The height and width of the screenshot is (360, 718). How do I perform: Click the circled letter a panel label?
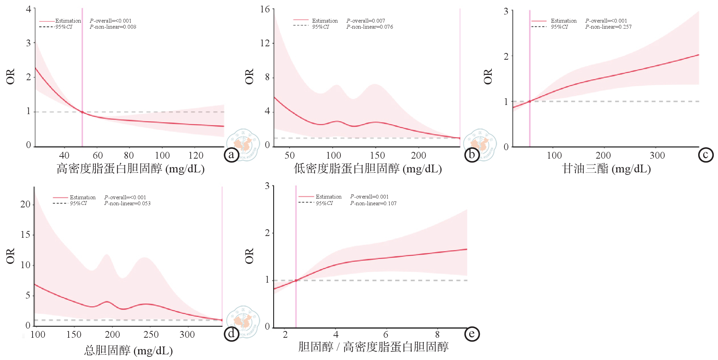232,155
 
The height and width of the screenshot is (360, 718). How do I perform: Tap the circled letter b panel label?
472,155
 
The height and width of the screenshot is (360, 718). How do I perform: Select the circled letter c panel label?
706,155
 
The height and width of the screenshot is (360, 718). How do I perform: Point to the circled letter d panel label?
232,334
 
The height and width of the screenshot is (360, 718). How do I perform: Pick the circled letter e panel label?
472,334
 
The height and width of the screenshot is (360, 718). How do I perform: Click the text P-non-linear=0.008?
113,27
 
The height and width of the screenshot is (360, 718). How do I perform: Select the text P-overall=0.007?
366,21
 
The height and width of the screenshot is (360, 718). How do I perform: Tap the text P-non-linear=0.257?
608,27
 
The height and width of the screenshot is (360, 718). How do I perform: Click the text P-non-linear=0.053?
127,203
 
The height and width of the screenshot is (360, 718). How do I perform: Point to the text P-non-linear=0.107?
373,203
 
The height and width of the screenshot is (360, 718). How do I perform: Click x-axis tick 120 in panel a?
196,155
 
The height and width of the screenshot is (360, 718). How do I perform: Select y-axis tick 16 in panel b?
265,9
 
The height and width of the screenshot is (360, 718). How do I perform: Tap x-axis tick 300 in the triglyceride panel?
657,155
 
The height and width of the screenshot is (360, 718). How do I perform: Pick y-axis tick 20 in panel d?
25,204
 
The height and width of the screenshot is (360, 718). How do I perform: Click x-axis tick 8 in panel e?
437,334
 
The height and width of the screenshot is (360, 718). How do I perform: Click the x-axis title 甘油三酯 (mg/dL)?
606,169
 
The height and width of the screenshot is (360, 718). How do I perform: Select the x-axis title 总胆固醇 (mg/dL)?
128,350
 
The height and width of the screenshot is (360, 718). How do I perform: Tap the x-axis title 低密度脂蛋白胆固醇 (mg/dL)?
368,169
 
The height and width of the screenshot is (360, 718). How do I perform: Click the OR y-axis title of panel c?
488,76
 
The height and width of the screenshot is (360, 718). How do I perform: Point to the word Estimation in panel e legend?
328,197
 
